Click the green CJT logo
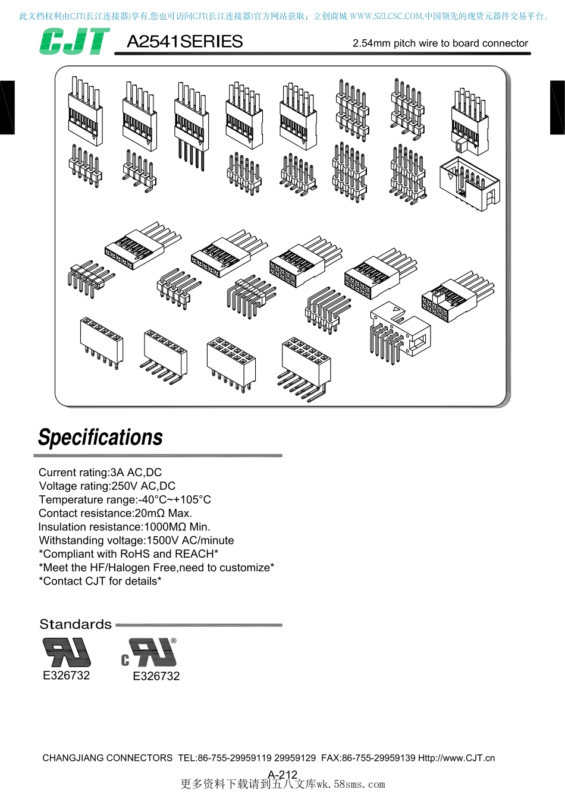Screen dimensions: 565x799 [x=74, y=42]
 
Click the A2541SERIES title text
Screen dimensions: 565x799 [x=185, y=42]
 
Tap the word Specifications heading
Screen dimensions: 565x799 [x=101, y=438]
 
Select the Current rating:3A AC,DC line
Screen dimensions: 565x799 [x=101, y=472]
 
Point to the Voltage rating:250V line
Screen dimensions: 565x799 [x=107, y=486]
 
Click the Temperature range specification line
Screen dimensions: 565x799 [x=125, y=499]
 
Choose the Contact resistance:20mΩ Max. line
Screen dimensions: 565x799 [x=115, y=513]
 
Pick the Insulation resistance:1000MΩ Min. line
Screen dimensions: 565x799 [x=124, y=527]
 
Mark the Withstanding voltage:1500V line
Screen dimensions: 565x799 [x=136, y=540]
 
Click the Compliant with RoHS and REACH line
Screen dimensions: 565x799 [x=128, y=553]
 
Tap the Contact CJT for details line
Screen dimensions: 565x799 [x=100, y=581]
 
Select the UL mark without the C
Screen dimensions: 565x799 [x=67, y=652]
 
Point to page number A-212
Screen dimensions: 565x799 [x=282, y=775]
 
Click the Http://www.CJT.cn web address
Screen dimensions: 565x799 [x=457, y=758]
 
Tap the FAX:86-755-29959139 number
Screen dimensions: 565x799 [x=368, y=758]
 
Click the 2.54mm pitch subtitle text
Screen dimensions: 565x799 [x=441, y=43]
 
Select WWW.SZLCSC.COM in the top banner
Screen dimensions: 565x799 [x=386, y=17]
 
